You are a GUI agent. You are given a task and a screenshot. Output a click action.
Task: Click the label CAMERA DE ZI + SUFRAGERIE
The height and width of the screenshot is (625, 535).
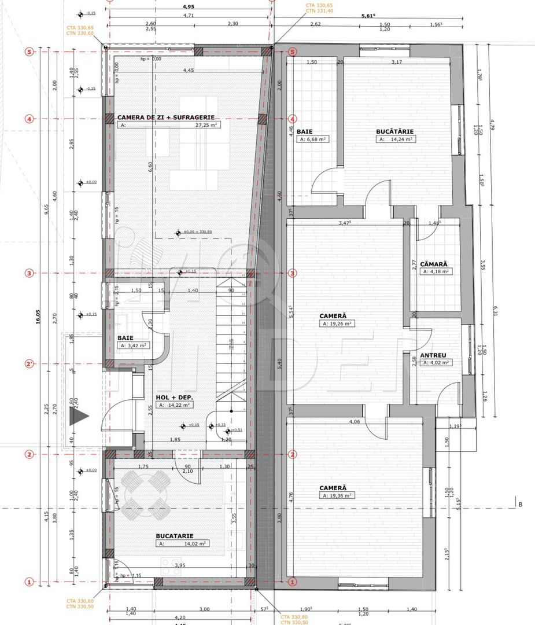point(161,117)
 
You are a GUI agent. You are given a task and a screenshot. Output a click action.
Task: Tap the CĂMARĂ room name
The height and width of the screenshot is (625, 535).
point(434,263)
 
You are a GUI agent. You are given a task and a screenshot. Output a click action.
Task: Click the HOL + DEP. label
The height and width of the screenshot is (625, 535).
point(174,398)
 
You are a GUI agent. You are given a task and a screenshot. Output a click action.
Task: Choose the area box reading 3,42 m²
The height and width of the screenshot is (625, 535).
point(132,345)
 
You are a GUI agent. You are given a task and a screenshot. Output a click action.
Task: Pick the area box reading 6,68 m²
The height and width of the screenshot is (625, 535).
point(313,139)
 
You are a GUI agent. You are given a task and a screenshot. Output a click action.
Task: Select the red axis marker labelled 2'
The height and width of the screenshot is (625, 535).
point(29,364)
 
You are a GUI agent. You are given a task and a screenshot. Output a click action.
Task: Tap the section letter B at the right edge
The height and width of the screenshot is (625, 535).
point(520,505)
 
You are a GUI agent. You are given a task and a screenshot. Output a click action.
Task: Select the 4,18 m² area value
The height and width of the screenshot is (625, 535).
point(437,271)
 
